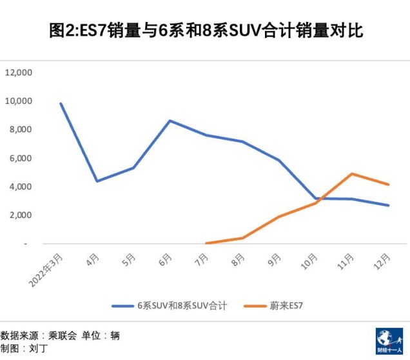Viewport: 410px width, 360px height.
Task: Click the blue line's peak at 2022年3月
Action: [x=61, y=103]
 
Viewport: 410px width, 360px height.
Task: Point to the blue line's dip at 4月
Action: [x=97, y=181]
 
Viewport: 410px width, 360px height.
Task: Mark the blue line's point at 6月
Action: [x=170, y=121]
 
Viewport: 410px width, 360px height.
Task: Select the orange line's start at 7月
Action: [x=206, y=243]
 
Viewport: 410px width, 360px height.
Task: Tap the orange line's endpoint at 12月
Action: [x=389, y=185]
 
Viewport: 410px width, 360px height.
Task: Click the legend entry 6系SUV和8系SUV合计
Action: [x=181, y=306]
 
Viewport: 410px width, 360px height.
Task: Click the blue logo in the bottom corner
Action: [x=389, y=341]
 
